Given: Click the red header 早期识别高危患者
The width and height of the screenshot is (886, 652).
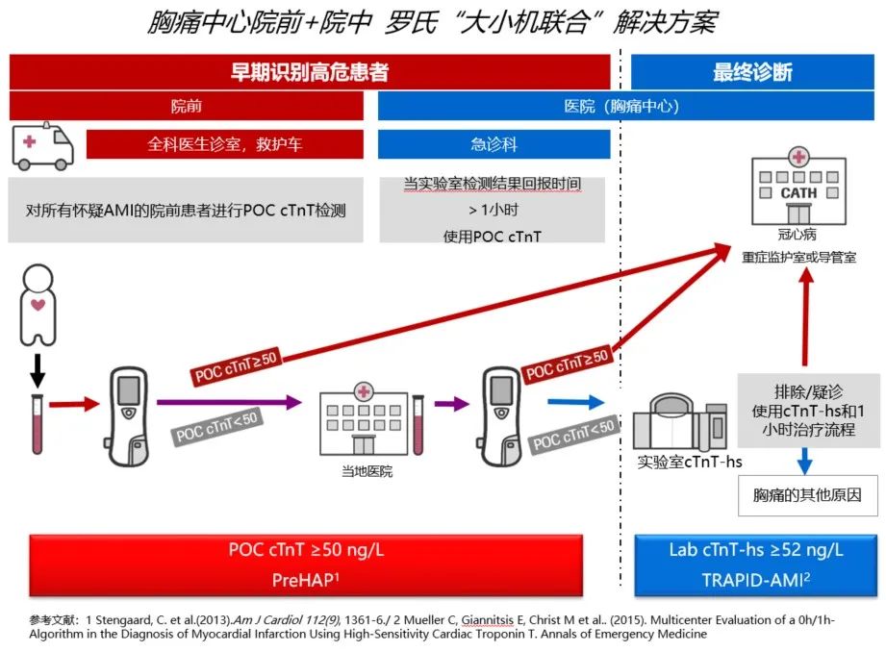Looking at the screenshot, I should point(309,72).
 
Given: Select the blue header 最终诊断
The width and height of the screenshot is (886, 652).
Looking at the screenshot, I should point(753,72).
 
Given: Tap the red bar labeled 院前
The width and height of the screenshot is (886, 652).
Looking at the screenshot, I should point(187,106).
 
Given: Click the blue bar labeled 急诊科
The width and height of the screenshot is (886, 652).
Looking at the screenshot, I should point(494,144).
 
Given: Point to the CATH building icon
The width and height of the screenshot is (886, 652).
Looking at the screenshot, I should point(797,187).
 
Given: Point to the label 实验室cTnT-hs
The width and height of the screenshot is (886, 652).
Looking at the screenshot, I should point(690,462).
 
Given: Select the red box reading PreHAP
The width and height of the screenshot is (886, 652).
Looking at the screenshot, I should point(307,566).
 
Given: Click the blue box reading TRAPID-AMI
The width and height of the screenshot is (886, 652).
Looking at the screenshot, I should point(756,566).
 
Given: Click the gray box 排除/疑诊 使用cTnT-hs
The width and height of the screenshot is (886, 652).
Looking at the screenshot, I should point(808,411).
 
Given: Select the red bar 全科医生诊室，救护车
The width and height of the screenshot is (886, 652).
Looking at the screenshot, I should point(225,144).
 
